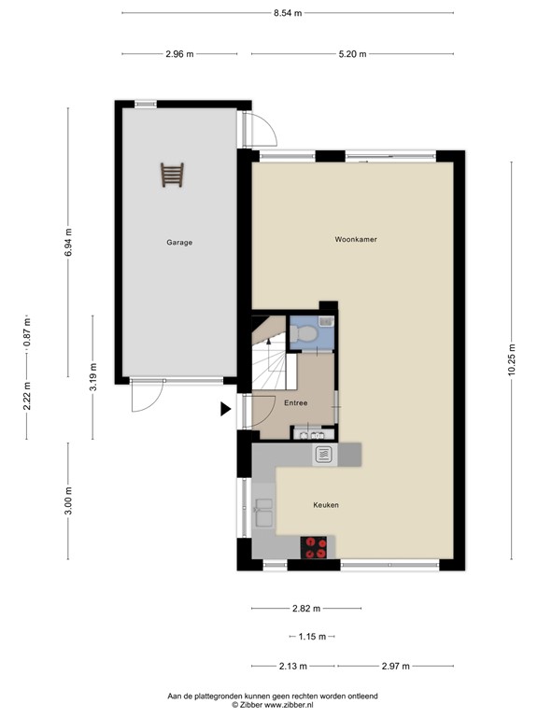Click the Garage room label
pyautogui.click(x=179, y=243)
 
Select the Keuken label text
pyautogui.click(x=325, y=505)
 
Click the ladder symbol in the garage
pyautogui.click(x=173, y=175)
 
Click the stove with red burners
pyautogui.click(x=315, y=547)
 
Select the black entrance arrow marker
pyautogui.click(x=225, y=408)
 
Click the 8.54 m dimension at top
pyautogui.click(x=288, y=13)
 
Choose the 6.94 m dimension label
pyautogui.click(x=68, y=243)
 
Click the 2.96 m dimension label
pyautogui.click(x=179, y=54)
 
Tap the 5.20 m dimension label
pyautogui.click(x=352, y=54)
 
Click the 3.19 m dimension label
pyautogui.click(x=92, y=376)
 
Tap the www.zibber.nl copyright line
pyautogui.click(x=272, y=704)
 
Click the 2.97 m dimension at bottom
pyautogui.click(x=395, y=666)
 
